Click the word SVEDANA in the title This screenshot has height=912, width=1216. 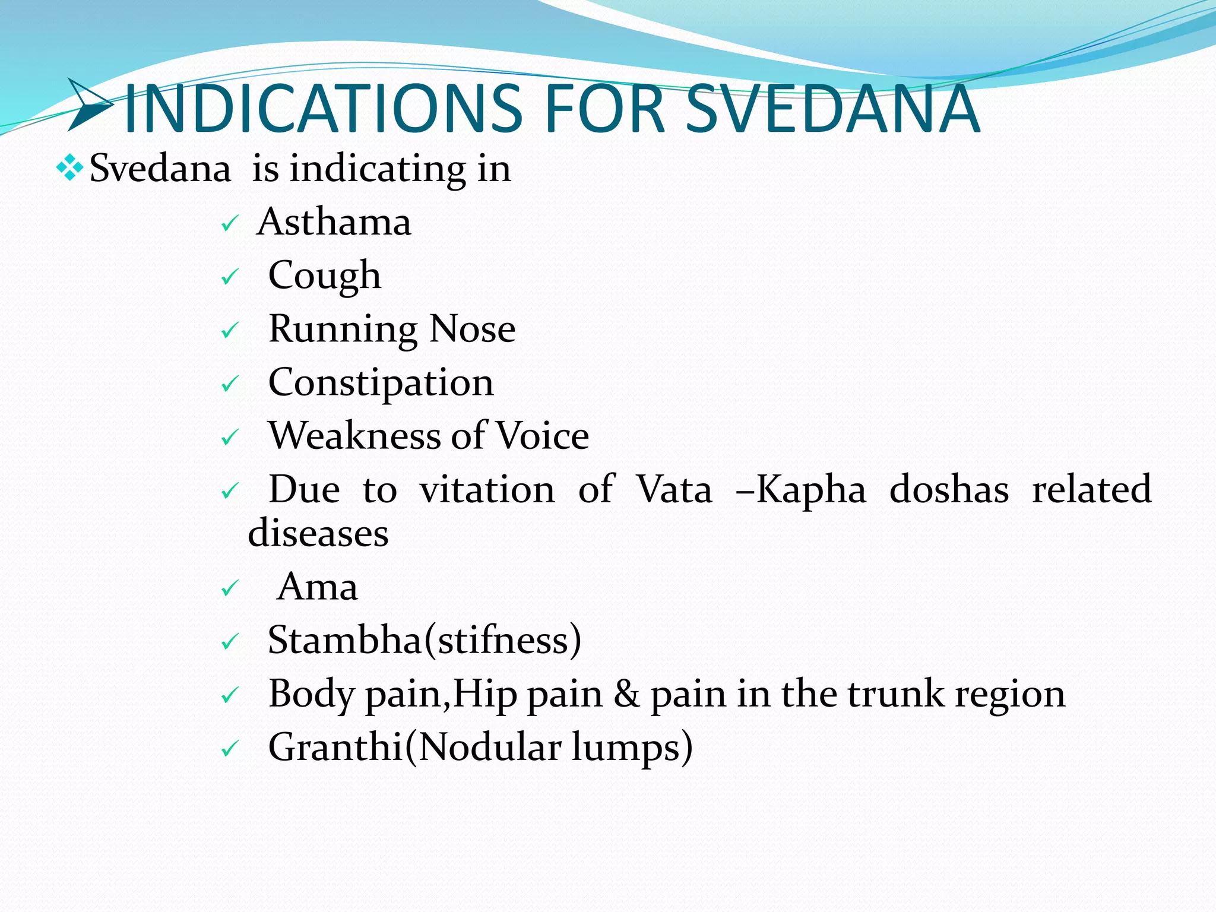tap(832, 109)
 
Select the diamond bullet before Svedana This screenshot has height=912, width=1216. tap(69, 167)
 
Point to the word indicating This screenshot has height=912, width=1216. tap(378, 169)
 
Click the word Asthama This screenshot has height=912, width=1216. tap(334, 222)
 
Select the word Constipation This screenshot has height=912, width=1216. tap(381, 382)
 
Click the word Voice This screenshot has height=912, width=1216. tap(542, 436)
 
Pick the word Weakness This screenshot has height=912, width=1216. tap(354, 436)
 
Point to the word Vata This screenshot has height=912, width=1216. tap(674, 490)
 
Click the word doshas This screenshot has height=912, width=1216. tap(949, 490)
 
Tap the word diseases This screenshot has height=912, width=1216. tap(318, 533)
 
